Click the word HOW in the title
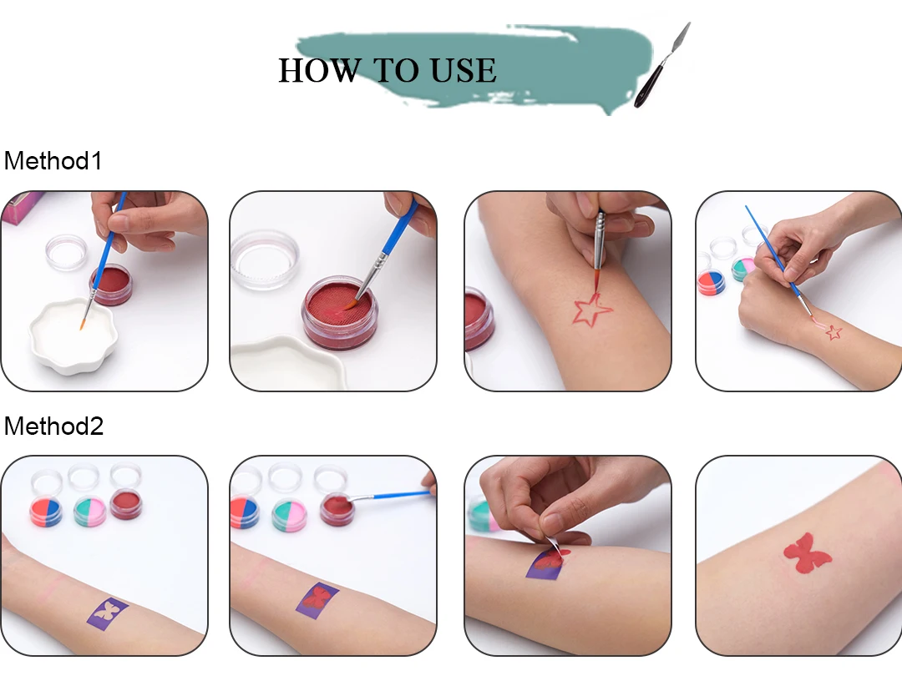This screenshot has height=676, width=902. click(319, 71)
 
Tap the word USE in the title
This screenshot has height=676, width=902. click(463, 71)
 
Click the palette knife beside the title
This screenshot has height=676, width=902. click(661, 65)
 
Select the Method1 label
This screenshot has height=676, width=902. click(53, 161)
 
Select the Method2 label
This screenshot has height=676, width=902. click(53, 426)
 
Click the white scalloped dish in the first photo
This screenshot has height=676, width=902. click(73, 335)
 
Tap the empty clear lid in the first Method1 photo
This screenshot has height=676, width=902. click(66, 252)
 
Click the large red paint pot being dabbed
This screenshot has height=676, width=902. click(340, 312)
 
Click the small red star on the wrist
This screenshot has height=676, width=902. click(834, 331)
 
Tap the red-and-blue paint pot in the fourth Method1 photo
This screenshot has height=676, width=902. click(711, 283)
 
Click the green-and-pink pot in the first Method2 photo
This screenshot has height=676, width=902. click(89, 511)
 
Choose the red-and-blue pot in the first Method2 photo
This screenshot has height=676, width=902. click(46, 512)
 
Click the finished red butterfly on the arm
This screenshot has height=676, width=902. click(807, 553)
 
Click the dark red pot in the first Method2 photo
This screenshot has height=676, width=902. click(126, 505)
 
